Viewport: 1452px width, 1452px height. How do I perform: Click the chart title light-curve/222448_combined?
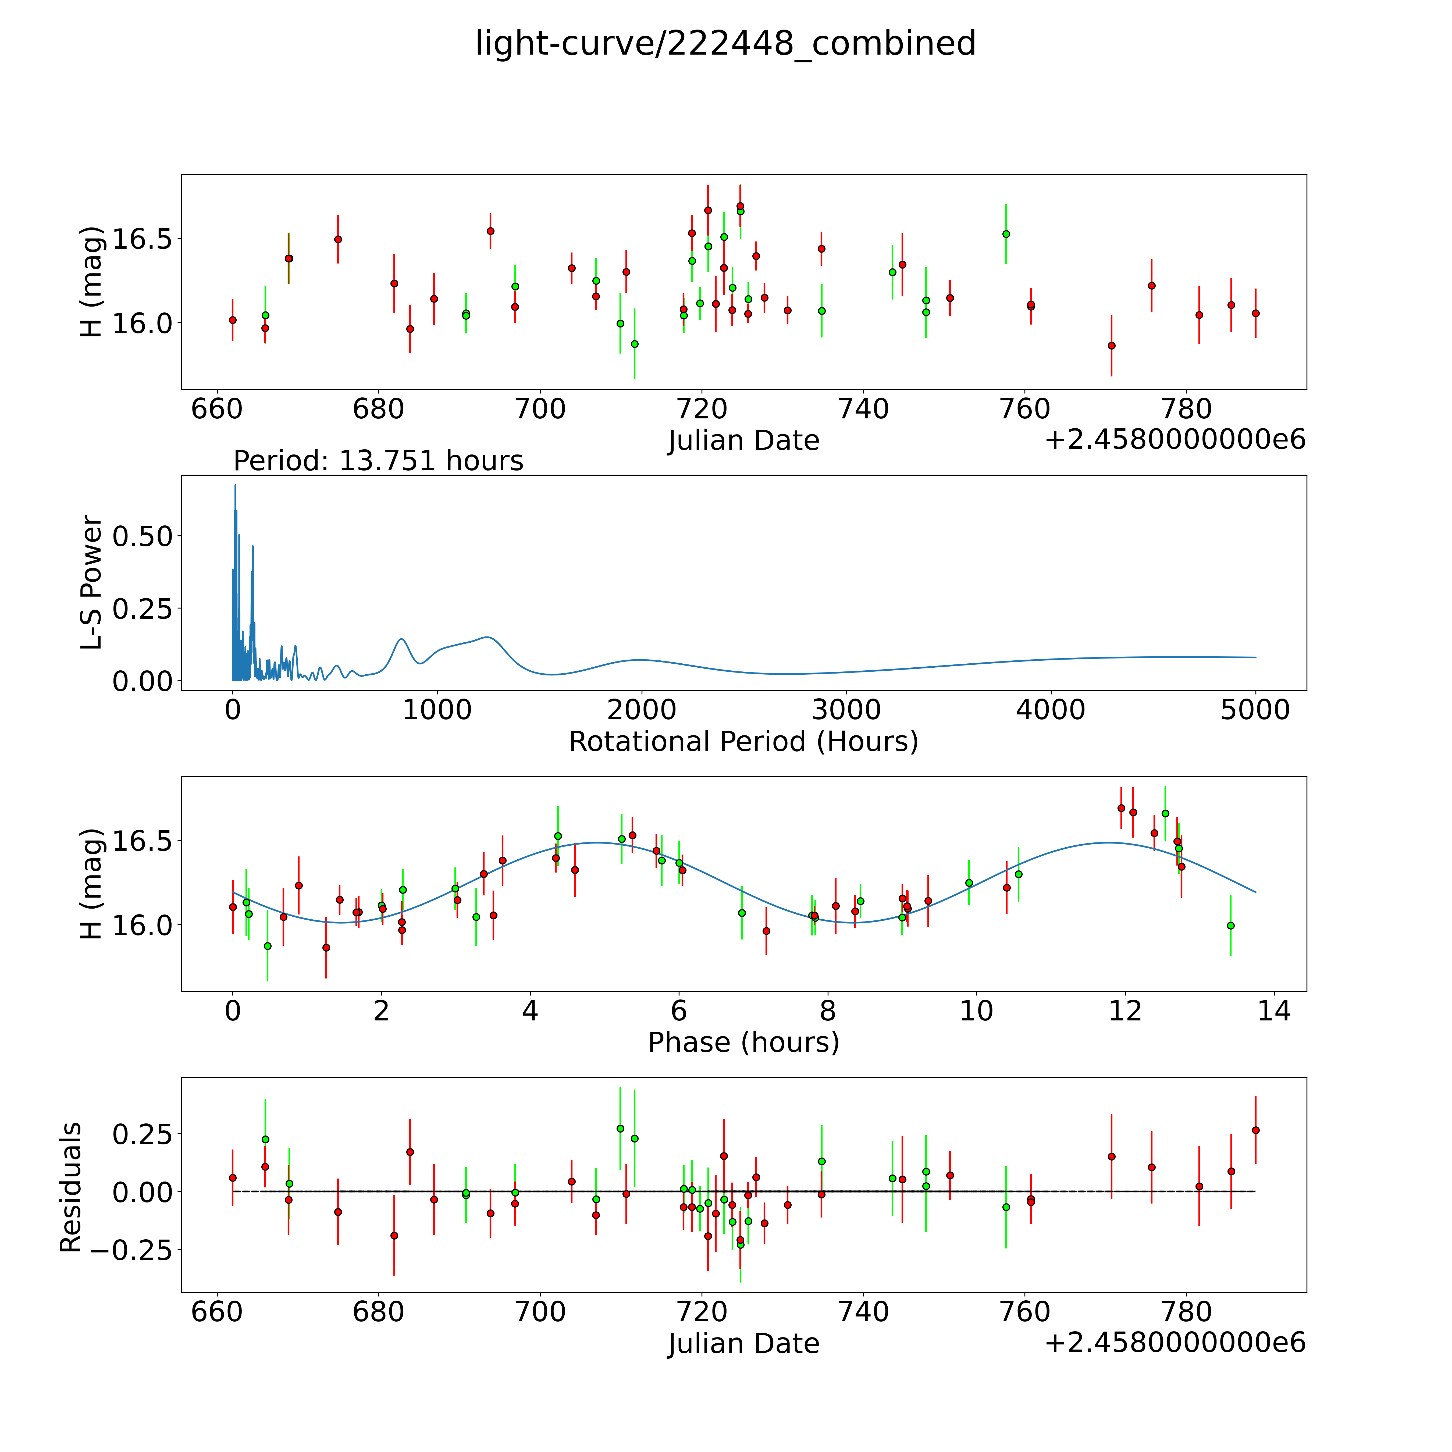click(x=725, y=44)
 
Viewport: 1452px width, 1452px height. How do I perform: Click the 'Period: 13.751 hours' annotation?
click(x=378, y=461)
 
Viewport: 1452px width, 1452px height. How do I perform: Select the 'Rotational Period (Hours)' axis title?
click(x=743, y=742)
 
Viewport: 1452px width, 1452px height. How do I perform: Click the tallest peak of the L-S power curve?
click(x=235, y=486)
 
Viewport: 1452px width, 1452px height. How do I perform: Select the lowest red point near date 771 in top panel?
click(x=1112, y=346)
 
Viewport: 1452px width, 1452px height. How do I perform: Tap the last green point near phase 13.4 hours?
click(x=1230, y=925)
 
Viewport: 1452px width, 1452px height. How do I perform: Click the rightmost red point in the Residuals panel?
click(x=1255, y=1130)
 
